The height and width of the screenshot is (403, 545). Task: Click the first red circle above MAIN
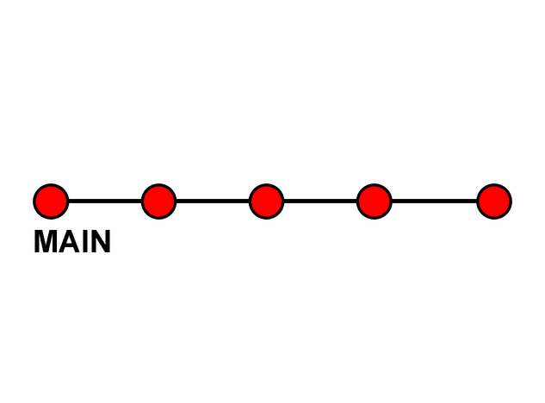click(51, 201)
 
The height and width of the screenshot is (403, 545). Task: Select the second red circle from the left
click(158, 201)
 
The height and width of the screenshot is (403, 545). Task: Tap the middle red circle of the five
click(266, 201)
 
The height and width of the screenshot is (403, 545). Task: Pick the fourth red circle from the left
click(374, 201)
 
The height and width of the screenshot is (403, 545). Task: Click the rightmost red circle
click(494, 201)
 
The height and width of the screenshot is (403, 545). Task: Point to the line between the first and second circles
click(105, 201)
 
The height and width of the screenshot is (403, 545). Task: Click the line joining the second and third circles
click(213, 201)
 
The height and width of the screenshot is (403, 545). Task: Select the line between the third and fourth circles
click(320, 201)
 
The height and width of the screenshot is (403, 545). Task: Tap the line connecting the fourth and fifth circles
click(434, 201)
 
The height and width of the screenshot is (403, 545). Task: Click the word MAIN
click(72, 243)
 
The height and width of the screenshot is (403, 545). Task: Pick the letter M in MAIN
click(46, 243)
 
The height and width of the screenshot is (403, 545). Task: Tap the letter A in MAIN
click(69, 243)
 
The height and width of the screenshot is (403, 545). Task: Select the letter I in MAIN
click(84, 243)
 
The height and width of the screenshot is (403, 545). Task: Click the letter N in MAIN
click(100, 243)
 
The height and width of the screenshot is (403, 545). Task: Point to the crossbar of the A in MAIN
click(69, 248)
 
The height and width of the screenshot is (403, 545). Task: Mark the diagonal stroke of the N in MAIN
click(100, 243)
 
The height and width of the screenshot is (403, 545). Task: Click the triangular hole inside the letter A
click(69, 241)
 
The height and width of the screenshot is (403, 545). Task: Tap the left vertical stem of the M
click(37, 243)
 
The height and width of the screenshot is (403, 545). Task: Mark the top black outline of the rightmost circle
click(494, 185)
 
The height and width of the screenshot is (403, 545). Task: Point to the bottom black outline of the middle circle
click(266, 218)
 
